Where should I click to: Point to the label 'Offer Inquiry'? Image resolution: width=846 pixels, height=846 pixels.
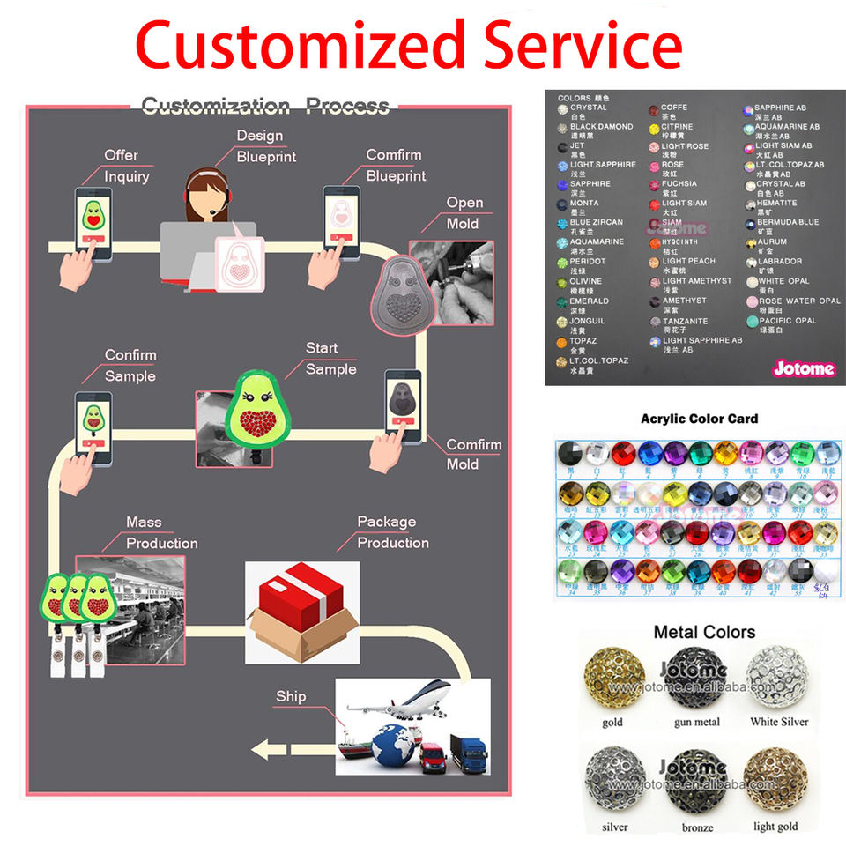[x=127, y=166]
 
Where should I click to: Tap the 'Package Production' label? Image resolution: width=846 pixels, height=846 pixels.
[x=393, y=532]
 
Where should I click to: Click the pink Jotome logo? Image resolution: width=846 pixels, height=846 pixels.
[x=804, y=368]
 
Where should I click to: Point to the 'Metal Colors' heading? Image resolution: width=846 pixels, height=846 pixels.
[x=703, y=632]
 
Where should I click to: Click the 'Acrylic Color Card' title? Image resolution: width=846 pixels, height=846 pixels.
[x=699, y=418]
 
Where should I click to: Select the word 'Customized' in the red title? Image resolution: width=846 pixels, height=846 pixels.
[x=301, y=44]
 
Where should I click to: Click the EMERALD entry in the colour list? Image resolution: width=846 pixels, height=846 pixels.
[x=588, y=301]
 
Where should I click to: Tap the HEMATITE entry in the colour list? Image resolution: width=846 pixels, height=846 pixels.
[x=775, y=204]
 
